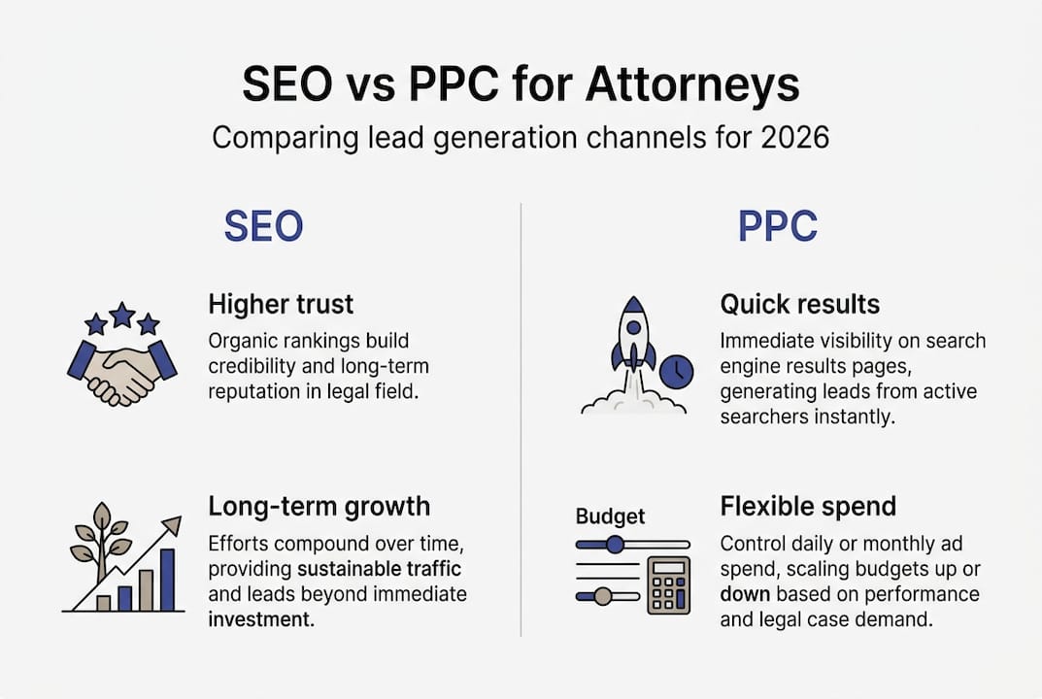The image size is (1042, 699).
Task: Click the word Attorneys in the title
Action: point(692,85)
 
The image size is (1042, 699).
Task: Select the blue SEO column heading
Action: point(263,226)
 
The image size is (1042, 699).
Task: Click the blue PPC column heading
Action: point(777,226)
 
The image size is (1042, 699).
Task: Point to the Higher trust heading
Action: point(281,304)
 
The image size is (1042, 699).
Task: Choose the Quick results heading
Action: point(799,304)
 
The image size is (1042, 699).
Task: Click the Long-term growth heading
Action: point(319,506)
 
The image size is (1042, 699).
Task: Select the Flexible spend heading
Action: point(808,506)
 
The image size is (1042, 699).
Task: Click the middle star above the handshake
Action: point(122,314)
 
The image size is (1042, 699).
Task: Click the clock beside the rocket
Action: point(676,370)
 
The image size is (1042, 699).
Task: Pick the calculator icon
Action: point(668,585)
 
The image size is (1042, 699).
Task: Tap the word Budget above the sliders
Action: point(610,516)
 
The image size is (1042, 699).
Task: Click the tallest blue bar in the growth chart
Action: point(166,580)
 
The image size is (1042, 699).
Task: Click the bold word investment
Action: point(260,619)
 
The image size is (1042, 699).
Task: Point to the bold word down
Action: point(745,594)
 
